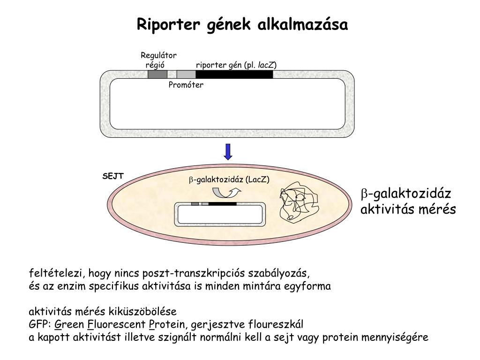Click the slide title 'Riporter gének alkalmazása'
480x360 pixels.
tap(242, 24)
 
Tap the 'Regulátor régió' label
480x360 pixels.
tap(158, 60)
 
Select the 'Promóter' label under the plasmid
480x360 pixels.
tap(186, 85)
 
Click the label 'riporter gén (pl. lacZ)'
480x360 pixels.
tap(236, 65)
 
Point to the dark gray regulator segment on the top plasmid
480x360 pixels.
tap(157, 74)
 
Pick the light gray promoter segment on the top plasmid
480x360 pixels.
tap(186, 74)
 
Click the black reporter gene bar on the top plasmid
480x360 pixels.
tap(234, 74)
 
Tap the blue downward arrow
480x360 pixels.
tap(228, 151)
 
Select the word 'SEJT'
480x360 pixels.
tap(113, 176)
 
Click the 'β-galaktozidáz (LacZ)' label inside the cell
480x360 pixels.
tap(229, 180)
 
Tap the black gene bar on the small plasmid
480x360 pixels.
tap(222, 204)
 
